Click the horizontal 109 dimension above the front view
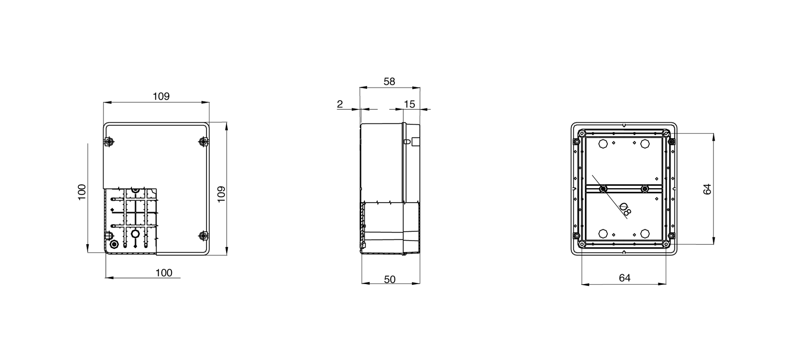pyautogui.click(x=161, y=96)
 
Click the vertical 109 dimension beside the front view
pyautogui.click(x=221, y=194)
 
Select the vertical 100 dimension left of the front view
pyautogui.click(x=81, y=192)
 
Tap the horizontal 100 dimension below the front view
pyautogui.click(x=164, y=273)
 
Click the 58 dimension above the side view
pyautogui.click(x=389, y=82)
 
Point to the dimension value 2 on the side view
pyautogui.click(x=340, y=104)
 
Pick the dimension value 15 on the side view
pyautogui.click(x=409, y=104)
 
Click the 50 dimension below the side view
pyautogui.click(x=390, y=279)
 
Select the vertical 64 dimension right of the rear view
pyautogui.click(x=707, y=189)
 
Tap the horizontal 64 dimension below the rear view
pyautogui.click(x=624, y=278)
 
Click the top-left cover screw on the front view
pyautogui.click(x=109, y=142)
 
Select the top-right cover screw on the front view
pyautogui.click(x=203, y=142)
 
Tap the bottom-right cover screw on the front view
pyautogui.click(x=203, y=236)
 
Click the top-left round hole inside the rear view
pyautogui.click(x=603, y=144)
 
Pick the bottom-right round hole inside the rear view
pyautogui.click(x=645, y=233)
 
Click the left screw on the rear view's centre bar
pyautogui.click(x=603, y=188)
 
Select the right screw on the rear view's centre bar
pyautogui.click(x=645, y=188)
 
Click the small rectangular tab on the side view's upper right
pyautogui.click(x=415, y=141)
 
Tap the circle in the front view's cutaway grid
pyautogui.click(x=135, y=234)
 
